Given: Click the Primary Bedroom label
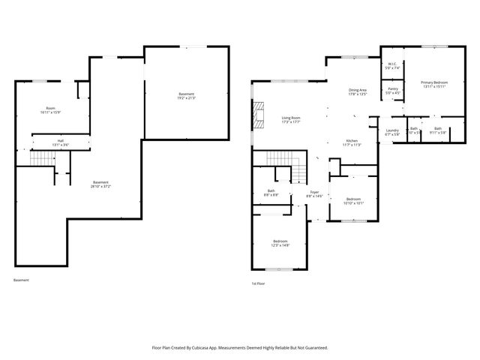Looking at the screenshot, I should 434,82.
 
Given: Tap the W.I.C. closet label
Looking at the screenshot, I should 392,63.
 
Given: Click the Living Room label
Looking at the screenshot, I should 291,118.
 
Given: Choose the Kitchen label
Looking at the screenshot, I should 352,141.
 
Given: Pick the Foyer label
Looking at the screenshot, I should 315,193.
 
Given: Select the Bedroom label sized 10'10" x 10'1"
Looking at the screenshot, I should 352,199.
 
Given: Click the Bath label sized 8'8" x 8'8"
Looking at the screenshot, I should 271,191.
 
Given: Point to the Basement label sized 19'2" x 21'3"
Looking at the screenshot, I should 186,94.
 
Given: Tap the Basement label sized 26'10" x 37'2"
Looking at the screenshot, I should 100,183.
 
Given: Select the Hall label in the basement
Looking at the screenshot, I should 60,140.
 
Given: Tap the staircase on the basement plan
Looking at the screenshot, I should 43,158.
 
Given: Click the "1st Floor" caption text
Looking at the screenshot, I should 258,283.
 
